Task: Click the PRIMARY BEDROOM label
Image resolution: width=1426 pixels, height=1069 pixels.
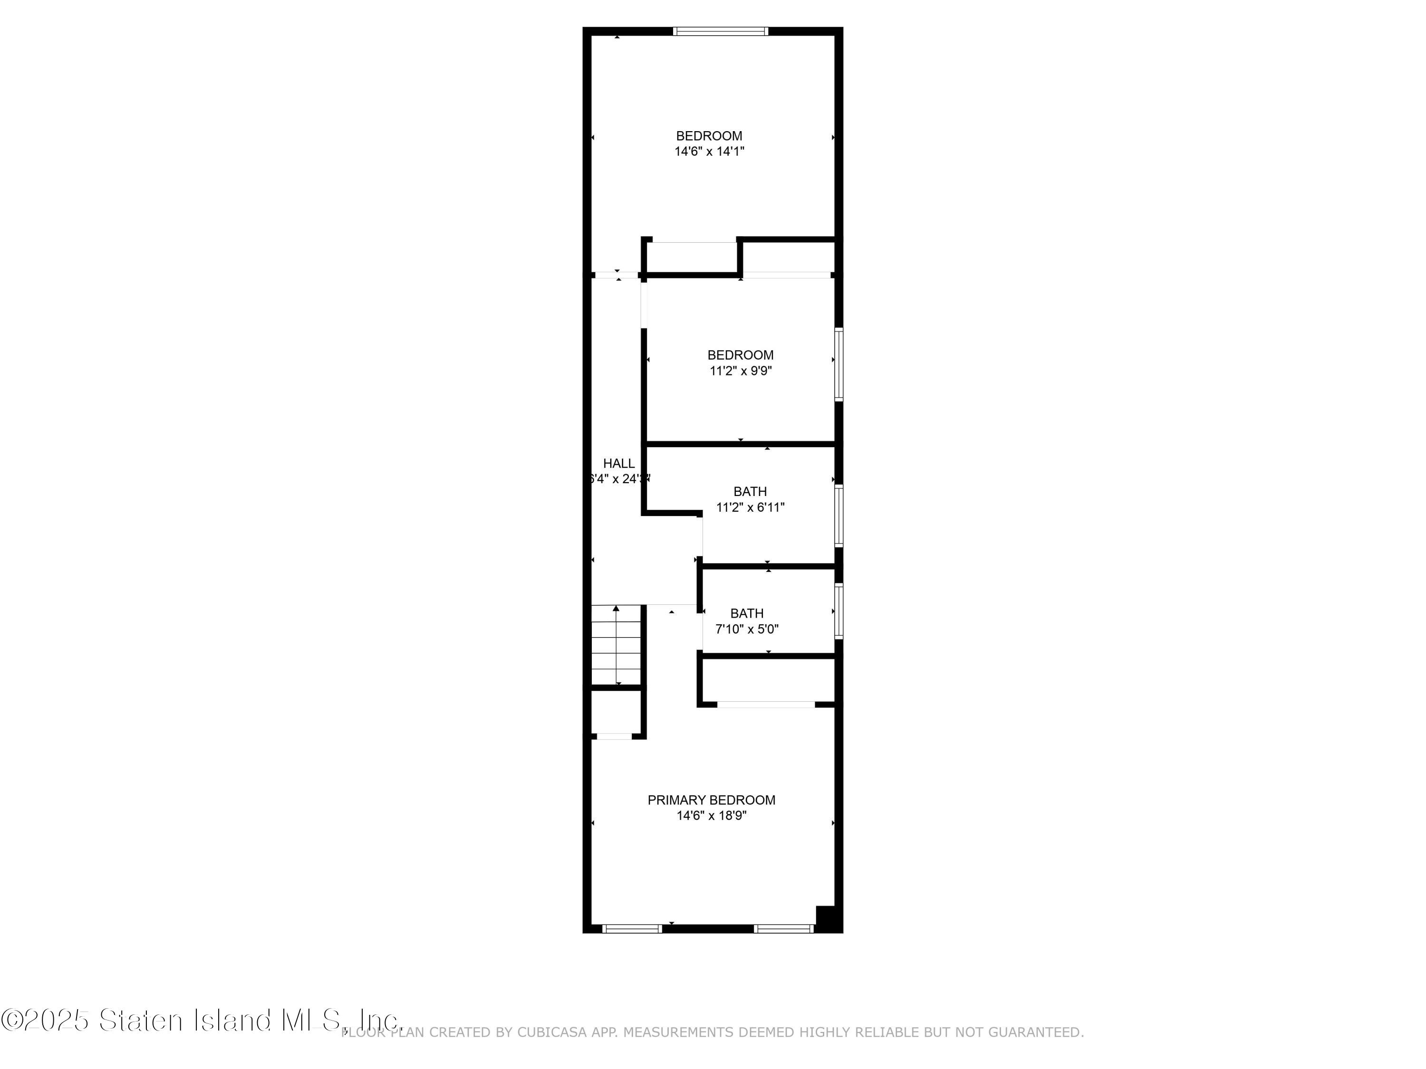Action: click(x=711, y=800)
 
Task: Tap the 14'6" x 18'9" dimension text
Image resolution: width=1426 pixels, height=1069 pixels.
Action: click(x=711, y=816)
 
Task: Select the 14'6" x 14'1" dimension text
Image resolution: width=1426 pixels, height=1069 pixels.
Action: click(x=709, y=152)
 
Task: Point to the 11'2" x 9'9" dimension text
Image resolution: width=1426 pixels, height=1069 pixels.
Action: click(x=741, y=371)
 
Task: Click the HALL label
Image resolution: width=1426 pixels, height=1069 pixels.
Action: click(x=618, y=463)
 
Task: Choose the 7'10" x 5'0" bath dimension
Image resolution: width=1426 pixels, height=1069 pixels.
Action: click(x=747, y=629)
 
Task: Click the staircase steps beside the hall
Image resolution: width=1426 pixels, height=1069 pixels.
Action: click(x=617, y=644)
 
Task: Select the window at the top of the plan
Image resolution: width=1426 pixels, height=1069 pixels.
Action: click(x=721, y=31)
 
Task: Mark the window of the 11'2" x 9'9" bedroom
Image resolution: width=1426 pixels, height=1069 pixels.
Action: click(x=838, y=364)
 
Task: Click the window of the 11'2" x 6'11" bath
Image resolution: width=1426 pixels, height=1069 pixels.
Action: click(x=838, y=515)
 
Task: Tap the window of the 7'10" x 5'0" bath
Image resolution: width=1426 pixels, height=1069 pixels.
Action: click(x=838, y=611)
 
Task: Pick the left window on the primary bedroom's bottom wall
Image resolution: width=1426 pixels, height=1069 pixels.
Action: click(x=632, y=928)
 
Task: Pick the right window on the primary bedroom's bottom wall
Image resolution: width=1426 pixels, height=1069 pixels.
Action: click(x=784, y=928)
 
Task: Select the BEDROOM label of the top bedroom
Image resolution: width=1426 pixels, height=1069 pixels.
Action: click(x=709, y=136)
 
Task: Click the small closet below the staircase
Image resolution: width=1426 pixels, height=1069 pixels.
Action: click(x=617, y=712)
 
